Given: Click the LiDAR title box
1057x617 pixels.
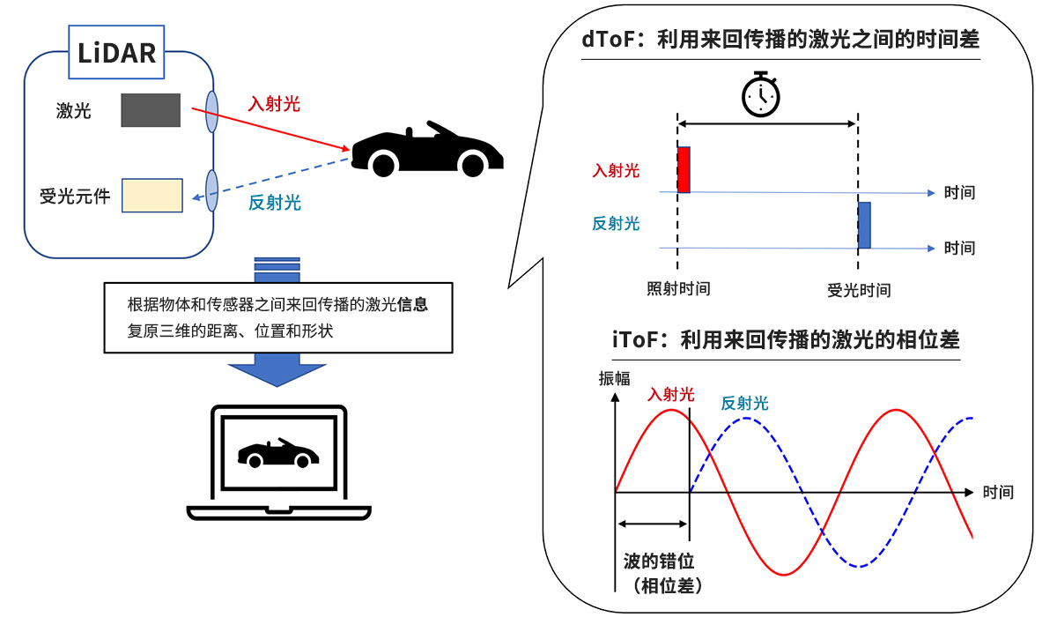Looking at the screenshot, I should click(x=117, y=53).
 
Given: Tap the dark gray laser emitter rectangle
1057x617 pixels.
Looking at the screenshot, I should click(x=151, y=109).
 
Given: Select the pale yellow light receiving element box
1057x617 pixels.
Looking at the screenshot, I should click(x=152, y=196).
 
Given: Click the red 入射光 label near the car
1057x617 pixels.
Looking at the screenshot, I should click(x=274, y=104).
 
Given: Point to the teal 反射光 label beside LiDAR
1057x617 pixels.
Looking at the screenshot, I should click(x=274, y=203).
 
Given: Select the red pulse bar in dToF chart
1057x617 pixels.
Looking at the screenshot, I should click(x=684, y=169).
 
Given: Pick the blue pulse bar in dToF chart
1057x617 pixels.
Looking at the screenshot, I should click(x=864, y=226).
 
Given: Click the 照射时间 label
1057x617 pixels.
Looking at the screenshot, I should click(x=678, y=289).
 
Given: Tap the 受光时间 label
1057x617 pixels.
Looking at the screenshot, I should click(x=859, y=290).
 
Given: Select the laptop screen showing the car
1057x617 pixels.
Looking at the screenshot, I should click(x=278, y=453).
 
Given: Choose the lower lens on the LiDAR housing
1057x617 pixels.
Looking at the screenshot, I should click(x=212, y=190).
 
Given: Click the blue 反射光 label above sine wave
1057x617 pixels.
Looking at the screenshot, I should click(x=744, y=404).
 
